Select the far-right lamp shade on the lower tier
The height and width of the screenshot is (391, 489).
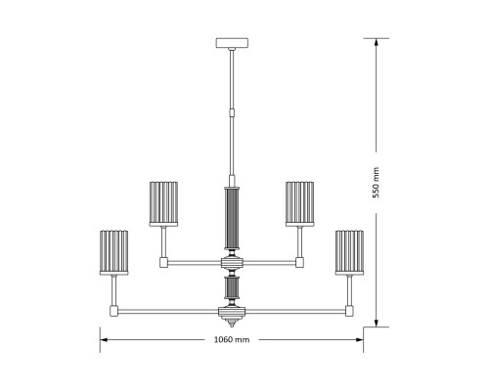pyautogui.click(x=349, y=251)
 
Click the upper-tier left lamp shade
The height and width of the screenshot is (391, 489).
pyautogui.click(x=164, y=202)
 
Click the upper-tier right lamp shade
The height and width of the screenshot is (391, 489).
pyautogui.click(x=300, y=202)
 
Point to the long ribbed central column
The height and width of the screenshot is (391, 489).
pyautogui.click(x=232, y=220)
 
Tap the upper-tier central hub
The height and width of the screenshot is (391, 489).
pyautogui.click(x=232, y=262)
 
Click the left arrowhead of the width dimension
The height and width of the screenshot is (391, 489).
pyautogui.click(x=104, y=339)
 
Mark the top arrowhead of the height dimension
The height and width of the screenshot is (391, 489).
pyautogui.click(x=376, y=42)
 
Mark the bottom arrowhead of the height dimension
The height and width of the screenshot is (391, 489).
pyautogui.click(x=376, y=323)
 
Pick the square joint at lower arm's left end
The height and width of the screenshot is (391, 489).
pyautogui.click(x=115, y=311)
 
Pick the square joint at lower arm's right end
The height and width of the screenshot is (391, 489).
pyautogui.click(x=349, y=311)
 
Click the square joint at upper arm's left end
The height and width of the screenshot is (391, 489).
pyautogui.click(x=164, y=262)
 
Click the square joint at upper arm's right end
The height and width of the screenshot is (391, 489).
pyautogui.click(x=300, y=262)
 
